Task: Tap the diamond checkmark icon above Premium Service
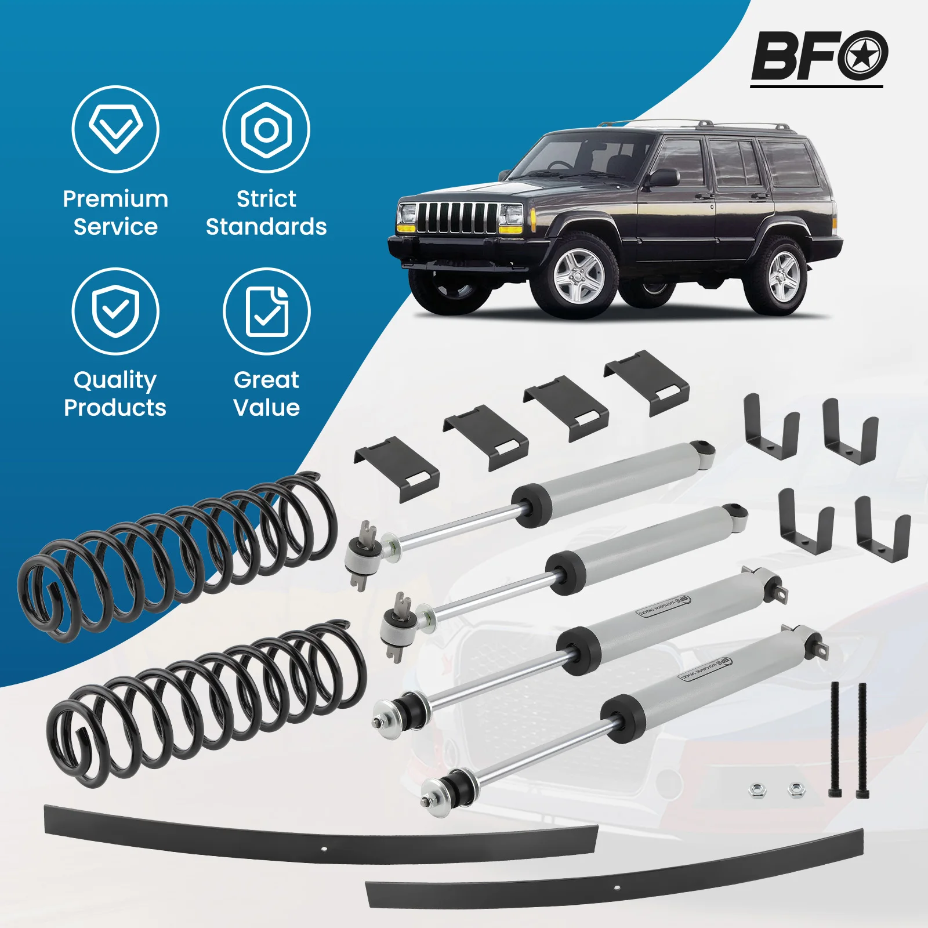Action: point(115,129)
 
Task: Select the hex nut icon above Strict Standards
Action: point(266,129)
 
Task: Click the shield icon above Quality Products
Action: point(115,311)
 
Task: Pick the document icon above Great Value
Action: point(267,311)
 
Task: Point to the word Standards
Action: point(266,227)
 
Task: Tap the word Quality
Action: point(115,380)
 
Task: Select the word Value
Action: point(267,408)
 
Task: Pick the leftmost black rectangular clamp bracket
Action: point(397,469)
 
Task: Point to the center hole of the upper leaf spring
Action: point(324,849)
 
